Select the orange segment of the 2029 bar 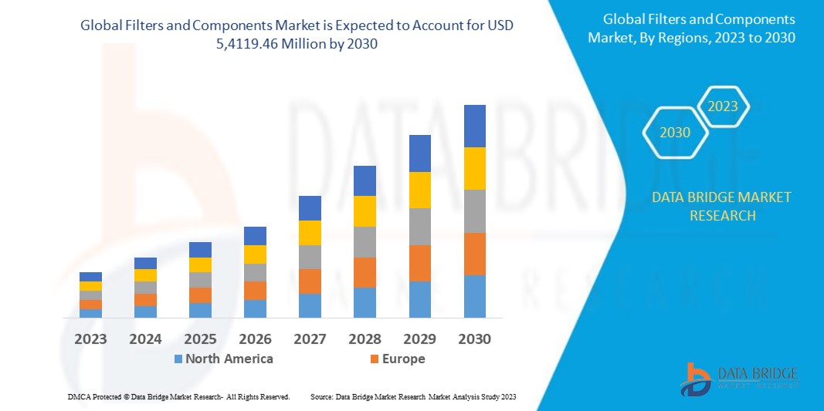[419, 263]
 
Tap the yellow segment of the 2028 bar [365, 211]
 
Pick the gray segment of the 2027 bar [310, 257]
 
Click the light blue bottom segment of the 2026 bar [255, 308]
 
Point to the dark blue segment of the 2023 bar [90, 277]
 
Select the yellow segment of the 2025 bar [200, 264]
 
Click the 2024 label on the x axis [145, 339]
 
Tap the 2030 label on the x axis [474, 339]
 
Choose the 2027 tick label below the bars [310, 339]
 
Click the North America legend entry [223, 359]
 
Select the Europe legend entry [398, 359]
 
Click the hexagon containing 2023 [723, 106]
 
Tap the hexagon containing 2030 [674, 133]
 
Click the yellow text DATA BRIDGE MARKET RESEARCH [721, 206]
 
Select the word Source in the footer [321, 396]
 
